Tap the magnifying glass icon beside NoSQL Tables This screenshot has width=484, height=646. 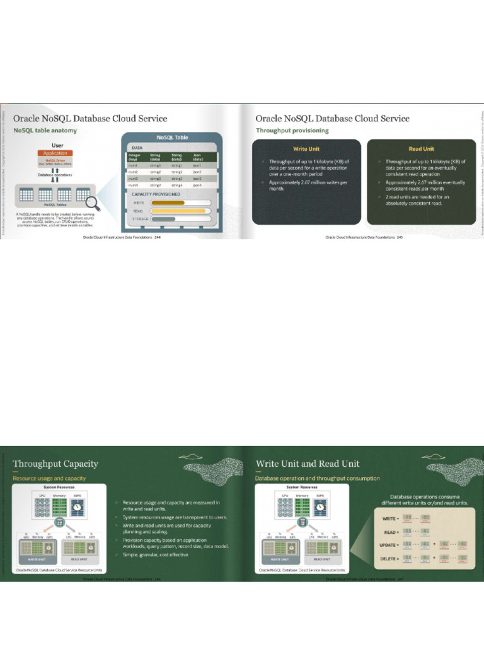pyautogui.click(x=92, y=203)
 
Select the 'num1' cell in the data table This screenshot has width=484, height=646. pyautogui.click(x=132, y=165)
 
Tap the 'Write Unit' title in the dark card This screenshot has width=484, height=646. pyautogui.click(x=306, y=149)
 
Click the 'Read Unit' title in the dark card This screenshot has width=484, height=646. pyautogui.click(x=420, y=149)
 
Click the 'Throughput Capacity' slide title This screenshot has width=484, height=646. pyautogui.click(x=55, y=464)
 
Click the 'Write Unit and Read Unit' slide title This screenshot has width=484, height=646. pyautogui.click(x=308, y=464)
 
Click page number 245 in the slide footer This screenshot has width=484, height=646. pyautogui.click(x=400, y=237)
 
